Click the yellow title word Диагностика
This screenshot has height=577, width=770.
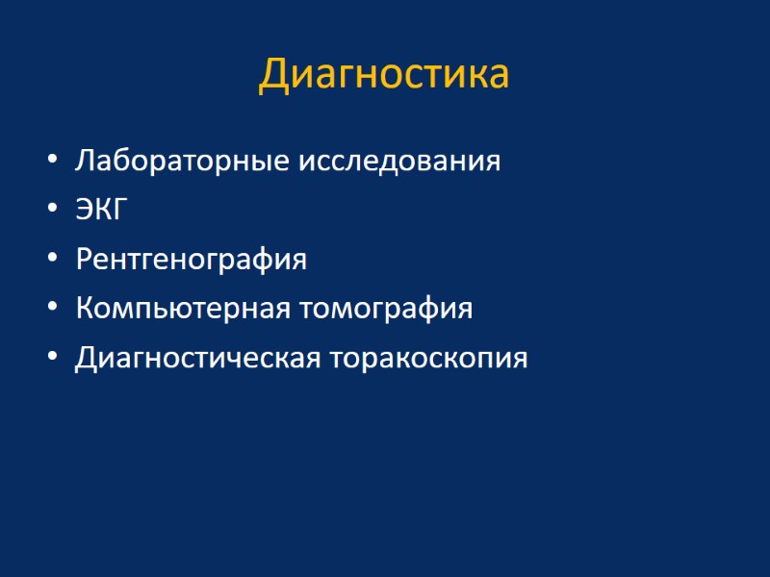[x=384, y=75]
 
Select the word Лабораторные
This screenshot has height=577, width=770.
[x=170, y=161]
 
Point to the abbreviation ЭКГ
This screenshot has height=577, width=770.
[x=101, y=210]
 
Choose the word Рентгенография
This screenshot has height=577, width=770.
[x=191, y=260]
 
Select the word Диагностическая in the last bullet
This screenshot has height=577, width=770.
[x=198, y=359]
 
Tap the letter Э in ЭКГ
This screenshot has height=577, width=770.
[x=85, y=210]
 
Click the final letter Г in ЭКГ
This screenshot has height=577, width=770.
[x=118, y=210]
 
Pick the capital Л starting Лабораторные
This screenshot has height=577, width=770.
[x=84, y=160]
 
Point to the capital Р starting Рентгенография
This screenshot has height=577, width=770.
[x=84, y=259]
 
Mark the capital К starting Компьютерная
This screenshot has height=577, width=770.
[x=85, y=309]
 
